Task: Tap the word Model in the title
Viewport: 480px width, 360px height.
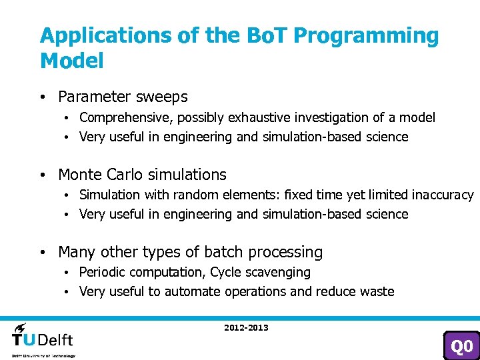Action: [x=72, y=61]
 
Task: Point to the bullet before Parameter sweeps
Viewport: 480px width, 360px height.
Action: [x=42, y=97]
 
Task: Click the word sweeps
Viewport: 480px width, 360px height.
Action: [x=163, y=97]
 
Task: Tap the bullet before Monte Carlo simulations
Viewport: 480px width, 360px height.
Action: [x=42, y=175]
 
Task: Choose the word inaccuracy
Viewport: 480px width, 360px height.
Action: [x=442, y=195]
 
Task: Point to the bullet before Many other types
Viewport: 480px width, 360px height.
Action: [x=42, y=253]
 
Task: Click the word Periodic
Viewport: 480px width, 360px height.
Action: [x=102, y=273]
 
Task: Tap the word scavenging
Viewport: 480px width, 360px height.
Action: [x=281, y=273]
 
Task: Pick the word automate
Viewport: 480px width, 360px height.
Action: [x=193, y=292]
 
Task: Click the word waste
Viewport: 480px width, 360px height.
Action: [x=377, y=292]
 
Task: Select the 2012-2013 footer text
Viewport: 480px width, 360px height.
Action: [x=246, y=328]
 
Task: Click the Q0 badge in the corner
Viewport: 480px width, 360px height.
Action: [x=461, y=345]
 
